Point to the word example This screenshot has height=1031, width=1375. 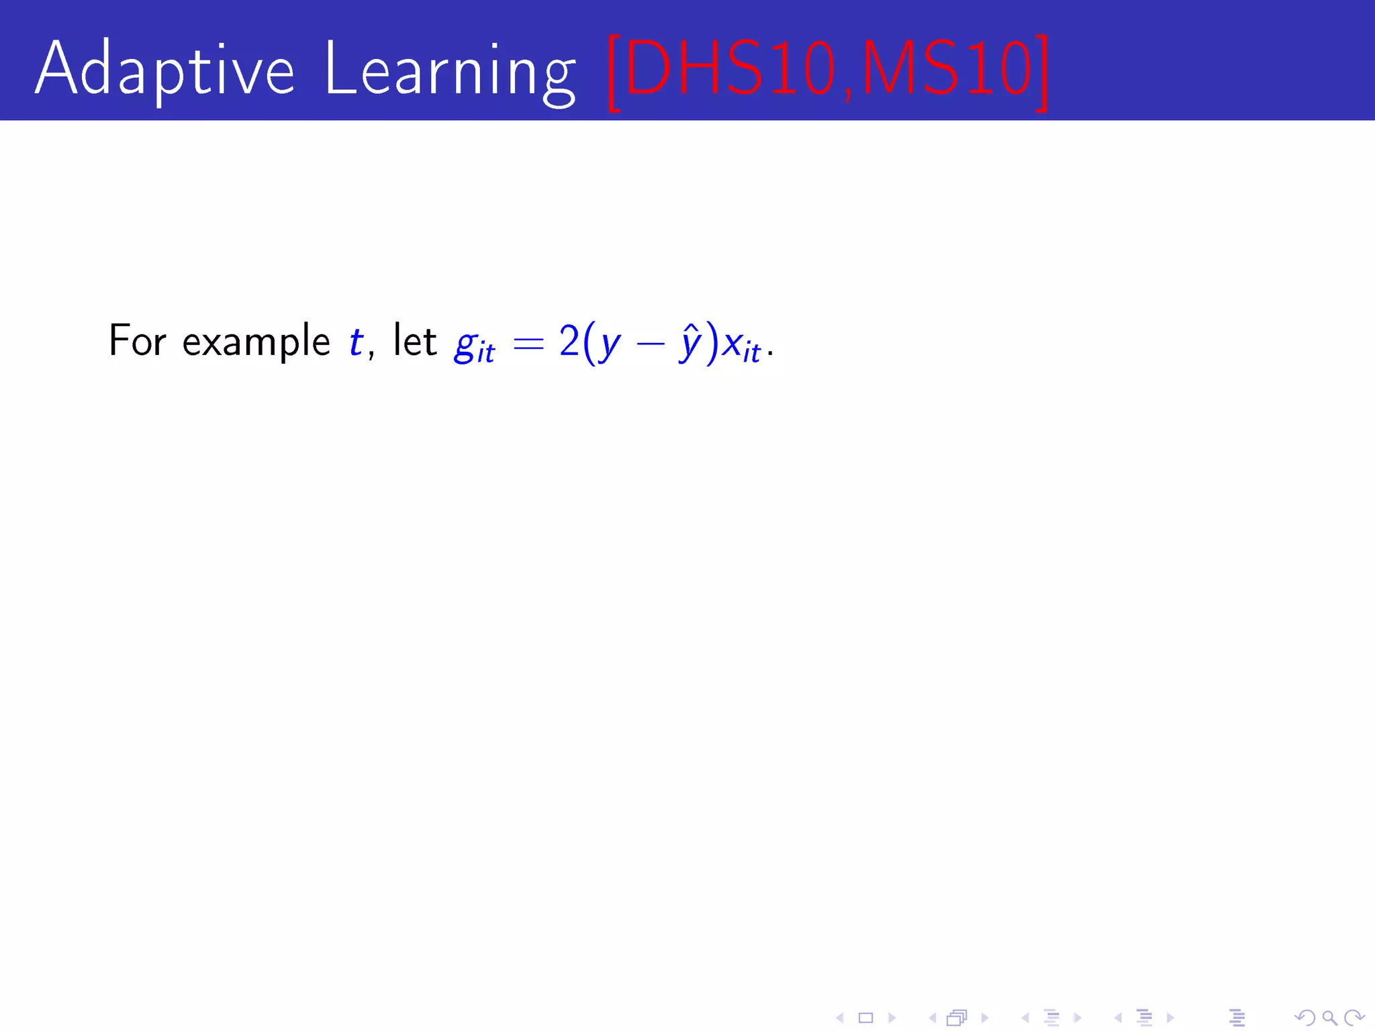pos(256,342)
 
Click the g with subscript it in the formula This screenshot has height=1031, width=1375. pos(474,346)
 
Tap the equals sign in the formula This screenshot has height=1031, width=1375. pos(528,343)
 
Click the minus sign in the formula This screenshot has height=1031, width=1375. pos(650,344)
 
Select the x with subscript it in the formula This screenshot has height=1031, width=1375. pos(741,346)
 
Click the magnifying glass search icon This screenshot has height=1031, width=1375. pos(1329,1018)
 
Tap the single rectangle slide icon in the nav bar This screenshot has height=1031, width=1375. pos(866,1018)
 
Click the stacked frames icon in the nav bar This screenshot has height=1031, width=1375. pos(957,1018)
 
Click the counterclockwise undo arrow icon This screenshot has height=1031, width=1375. pos(1305,1018)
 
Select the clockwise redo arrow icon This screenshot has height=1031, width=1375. pos(1354,1018)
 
